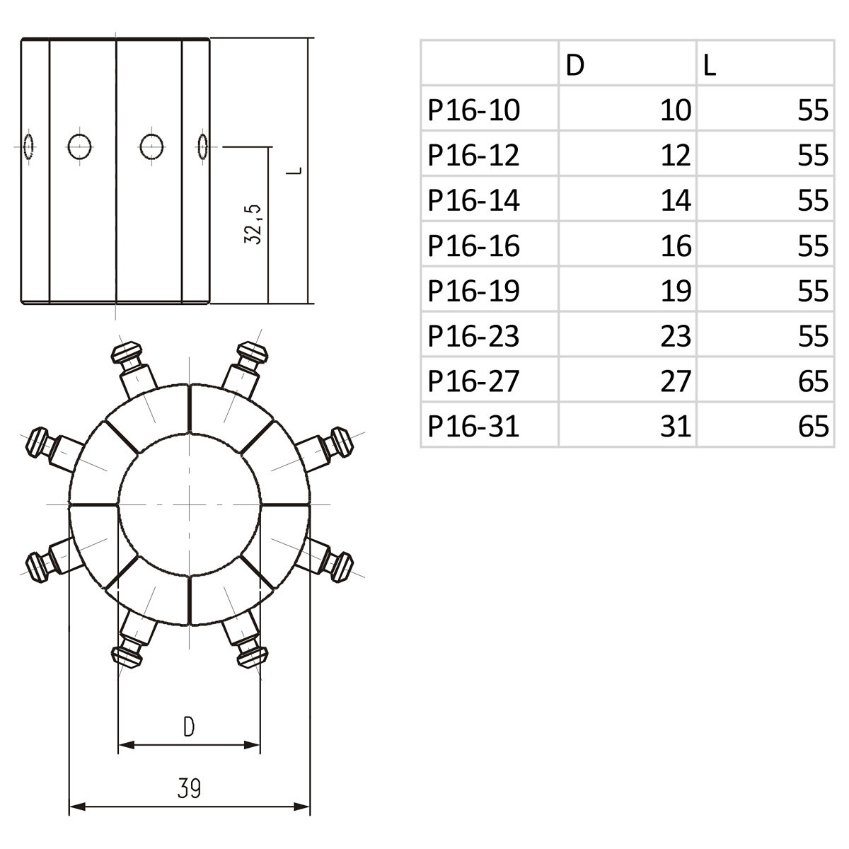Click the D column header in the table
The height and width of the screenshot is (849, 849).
[575, 65]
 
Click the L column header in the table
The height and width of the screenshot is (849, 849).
[710, 65]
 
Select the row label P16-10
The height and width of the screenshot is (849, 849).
[473, 110]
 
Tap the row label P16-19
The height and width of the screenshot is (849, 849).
[473, 291]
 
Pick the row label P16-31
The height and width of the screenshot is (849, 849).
[473, 426]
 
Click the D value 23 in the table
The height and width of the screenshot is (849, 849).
[675, 336]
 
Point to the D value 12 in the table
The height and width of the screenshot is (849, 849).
[675, 156]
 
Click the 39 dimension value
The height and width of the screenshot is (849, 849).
[189, 788]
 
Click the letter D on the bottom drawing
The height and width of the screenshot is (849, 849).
[189, 727]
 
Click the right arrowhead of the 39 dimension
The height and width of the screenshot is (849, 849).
[304, 806]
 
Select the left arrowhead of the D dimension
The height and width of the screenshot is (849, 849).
[125, 744]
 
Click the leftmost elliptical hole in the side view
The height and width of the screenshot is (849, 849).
[28, 146]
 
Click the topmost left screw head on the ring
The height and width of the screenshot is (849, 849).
[127, 352]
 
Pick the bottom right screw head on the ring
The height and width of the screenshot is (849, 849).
[251, 656]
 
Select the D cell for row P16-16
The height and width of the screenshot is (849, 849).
[675, 246]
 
